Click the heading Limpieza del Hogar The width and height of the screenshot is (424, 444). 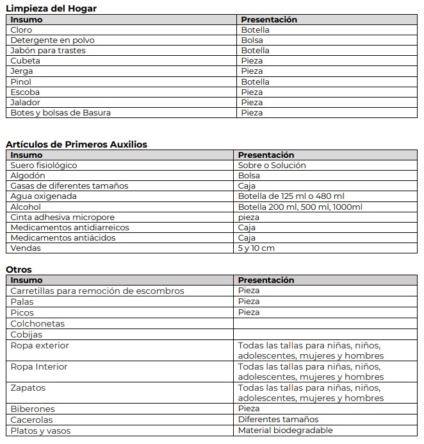[51, 8]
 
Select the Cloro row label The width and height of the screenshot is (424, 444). [22, 30]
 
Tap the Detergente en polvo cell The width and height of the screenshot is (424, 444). [52, 40]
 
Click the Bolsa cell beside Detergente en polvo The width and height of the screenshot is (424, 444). [252, 40]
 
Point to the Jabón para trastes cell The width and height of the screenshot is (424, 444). [48, 51]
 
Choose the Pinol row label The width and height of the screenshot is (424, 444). [20, 82]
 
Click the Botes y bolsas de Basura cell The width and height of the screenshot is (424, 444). [61, 113]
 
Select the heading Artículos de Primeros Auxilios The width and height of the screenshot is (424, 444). [76, 144]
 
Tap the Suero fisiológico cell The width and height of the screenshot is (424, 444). [44, 166]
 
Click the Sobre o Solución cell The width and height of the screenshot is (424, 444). [272, 166]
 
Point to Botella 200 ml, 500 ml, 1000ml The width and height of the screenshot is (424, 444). [300, 207]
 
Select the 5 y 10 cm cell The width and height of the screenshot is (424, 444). [256, 248]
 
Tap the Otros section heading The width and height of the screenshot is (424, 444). [19, 269]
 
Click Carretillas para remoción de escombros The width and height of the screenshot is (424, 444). [97, 291]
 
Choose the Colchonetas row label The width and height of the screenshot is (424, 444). [38, 324]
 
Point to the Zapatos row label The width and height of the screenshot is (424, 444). [28, 388]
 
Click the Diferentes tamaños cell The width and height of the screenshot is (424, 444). [278, 420]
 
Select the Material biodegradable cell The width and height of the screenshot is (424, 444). [286, 431]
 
